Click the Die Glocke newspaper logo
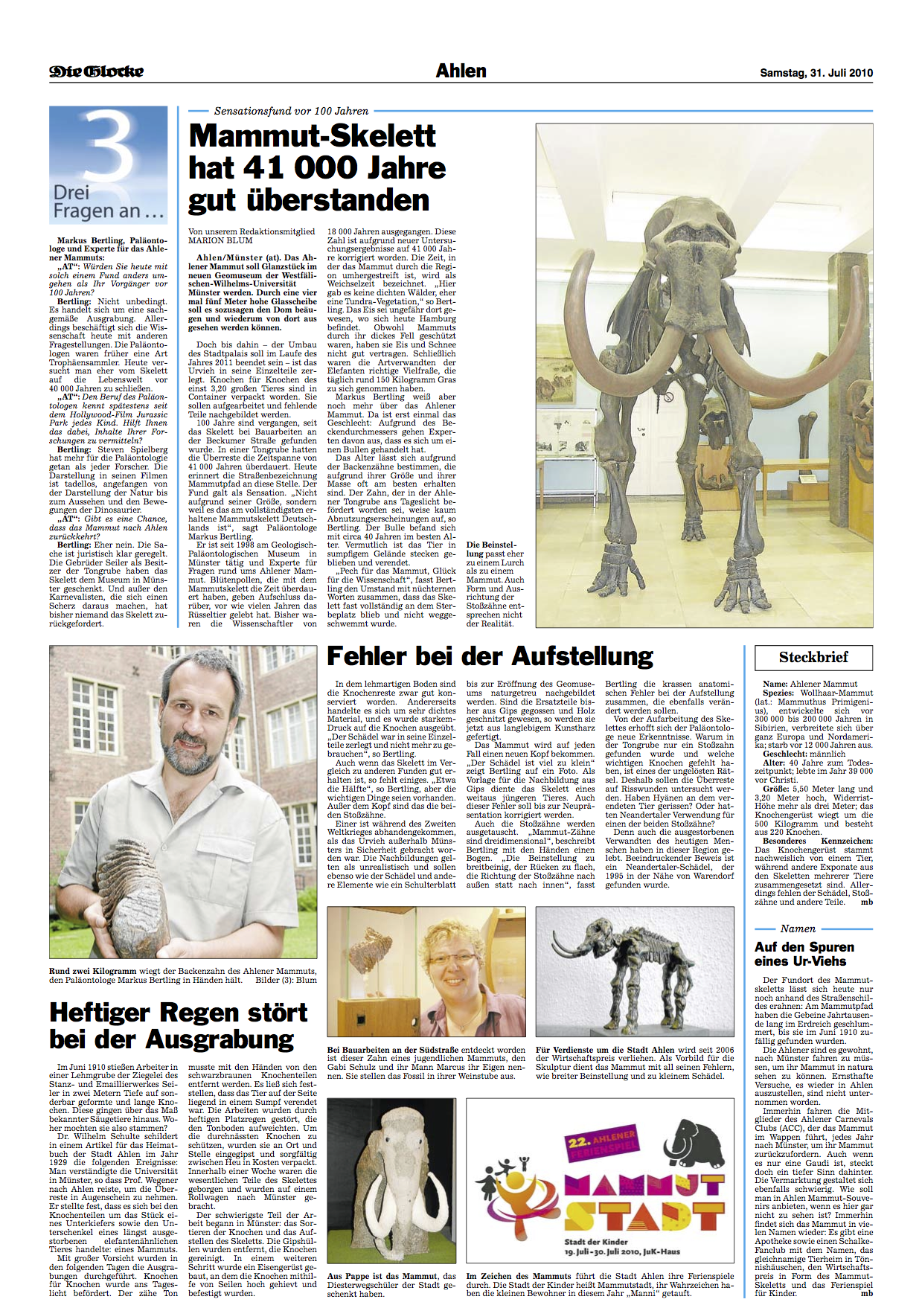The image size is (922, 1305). tap(96, 71)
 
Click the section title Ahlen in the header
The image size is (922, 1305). tap(461, 71)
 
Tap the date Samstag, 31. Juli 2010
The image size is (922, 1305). tap(816, 73)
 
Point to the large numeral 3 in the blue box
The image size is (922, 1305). tap(110, 147)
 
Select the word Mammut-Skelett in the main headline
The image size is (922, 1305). tap(313, 136)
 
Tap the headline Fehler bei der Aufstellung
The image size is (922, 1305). tap(490, 656)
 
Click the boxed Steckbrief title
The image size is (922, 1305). tap(813, 657)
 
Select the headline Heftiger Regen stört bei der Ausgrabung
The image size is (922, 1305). tap(179, 1025)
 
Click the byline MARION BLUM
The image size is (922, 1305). tap(220, 240)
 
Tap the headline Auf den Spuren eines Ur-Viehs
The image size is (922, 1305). tap(804, 954)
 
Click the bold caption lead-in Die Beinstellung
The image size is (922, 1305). tap(491, 549)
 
